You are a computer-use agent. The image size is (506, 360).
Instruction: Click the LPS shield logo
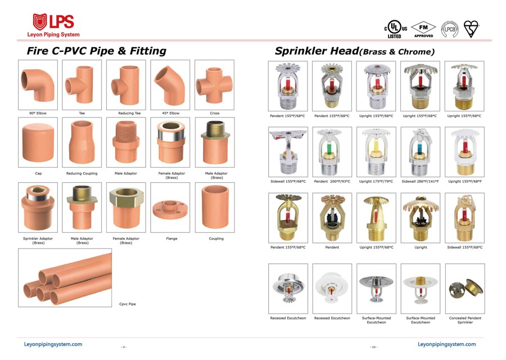point(40,21)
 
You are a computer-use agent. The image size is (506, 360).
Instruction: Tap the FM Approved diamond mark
point(423,29)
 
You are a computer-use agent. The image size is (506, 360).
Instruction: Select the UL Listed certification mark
point(396,29)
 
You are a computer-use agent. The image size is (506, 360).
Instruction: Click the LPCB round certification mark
point(450,29)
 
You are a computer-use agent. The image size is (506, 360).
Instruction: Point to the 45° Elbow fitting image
point(169,84)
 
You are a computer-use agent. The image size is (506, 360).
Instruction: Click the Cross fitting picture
point(214,84)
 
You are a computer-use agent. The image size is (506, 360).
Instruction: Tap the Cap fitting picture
point(38,142)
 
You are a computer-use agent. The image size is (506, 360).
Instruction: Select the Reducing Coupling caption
point(82,173)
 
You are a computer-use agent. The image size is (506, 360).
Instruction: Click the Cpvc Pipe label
point(128,304)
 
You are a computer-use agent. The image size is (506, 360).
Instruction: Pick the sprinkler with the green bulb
point(332,152)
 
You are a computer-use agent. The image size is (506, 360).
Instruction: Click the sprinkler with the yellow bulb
point(376,152)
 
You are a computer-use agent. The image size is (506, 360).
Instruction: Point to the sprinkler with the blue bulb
point(420,152)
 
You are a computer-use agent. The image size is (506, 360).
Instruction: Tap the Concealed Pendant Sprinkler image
point(465,289)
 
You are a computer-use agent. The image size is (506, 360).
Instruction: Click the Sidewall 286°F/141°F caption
point(420,182)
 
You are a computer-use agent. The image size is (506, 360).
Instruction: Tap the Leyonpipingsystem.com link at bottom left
point(53,344)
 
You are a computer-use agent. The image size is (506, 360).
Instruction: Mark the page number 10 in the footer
point(374,347)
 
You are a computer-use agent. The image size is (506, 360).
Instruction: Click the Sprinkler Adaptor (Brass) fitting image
point(38,208)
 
